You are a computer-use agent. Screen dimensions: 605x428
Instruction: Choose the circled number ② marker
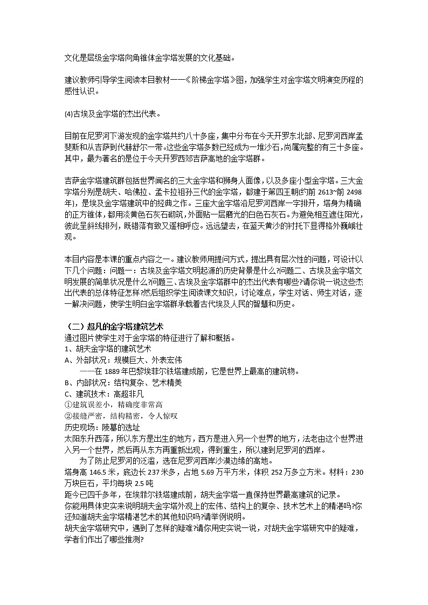(x=68, y=415)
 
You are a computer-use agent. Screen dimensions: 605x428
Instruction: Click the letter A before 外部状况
(x=66, y=360)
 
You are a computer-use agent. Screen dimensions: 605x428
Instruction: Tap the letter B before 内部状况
(x=66, y=383)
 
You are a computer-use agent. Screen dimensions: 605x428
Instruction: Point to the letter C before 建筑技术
(x=66, y=394)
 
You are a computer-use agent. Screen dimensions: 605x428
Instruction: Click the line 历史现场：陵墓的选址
(x=96, y=427)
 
